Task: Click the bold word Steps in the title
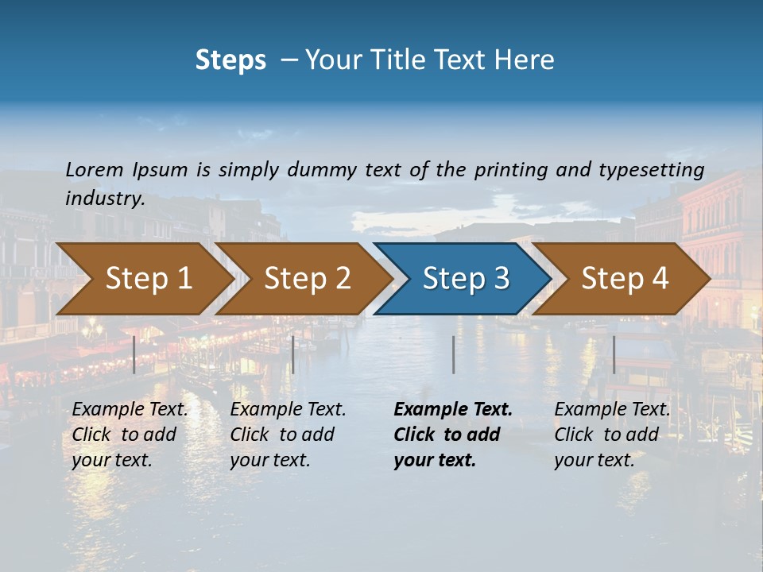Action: pyautogui.click(x=230, y=60)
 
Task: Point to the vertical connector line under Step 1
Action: pyautogui.click(x=134, y=354)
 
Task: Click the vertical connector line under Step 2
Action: pyautogui.click(x=293, y=354)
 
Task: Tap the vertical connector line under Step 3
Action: pyautogui.click(x=453, y=354)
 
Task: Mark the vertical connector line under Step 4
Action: pyautogui.click(x=614, y=354)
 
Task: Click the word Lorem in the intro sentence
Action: pyautogui.click(x=95, y=170)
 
